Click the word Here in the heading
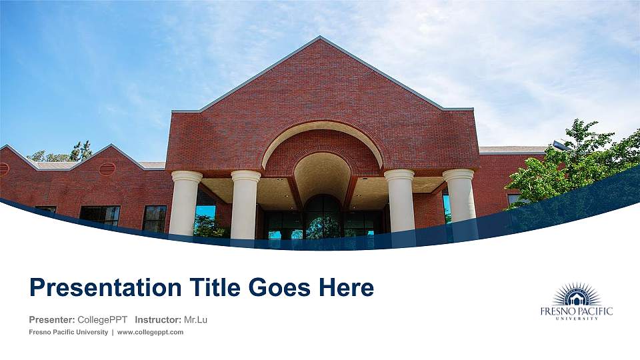(x=345, y=287)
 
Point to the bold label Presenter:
(x=51, y=320)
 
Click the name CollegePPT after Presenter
(x=102, y=320)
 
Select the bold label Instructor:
(x=157, y=320)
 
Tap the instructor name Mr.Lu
(x=195, y=320)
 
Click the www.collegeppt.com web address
(x=150, y=332)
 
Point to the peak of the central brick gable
(x=320, y=38)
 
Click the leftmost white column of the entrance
(x=185, y=203)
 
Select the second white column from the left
(x=245, y=205)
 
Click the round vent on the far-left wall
(x=3, y=169)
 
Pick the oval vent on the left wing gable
(x=107, y=169)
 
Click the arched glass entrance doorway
(x=323, y=217)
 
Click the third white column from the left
(x=399, y=201)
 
